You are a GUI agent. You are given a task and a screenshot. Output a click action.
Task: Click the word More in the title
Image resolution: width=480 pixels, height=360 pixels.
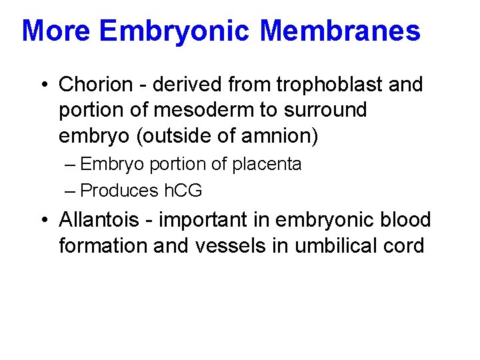pyautogui.click(x=57, y=31)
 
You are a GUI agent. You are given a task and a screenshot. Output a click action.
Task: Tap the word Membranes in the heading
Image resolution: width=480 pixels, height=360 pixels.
pyautogui.click(x=340, y=31)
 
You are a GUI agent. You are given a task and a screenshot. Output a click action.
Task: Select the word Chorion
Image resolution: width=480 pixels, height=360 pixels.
pyautogui.click(x=96, y=85)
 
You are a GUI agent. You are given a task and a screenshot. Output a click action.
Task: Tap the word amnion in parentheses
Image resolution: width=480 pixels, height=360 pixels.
pyautogui.click(x=277, y=136)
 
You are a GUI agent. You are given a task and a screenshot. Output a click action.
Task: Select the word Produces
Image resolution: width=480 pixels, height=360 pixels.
pyautogui.click(x=119, y=191)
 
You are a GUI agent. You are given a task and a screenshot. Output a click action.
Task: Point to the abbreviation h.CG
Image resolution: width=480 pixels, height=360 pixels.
pyautogui.click(x=183, y=191)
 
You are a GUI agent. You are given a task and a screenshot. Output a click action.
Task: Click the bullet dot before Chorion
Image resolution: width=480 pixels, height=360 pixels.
pyautogui.click(x=43, y=85)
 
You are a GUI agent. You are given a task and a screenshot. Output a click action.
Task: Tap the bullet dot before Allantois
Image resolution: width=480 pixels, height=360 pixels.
pyautogui.click(x=43, y=220)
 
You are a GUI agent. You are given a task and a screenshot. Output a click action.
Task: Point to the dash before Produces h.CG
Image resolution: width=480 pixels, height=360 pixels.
pyautogui.click(x=71, y=191)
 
